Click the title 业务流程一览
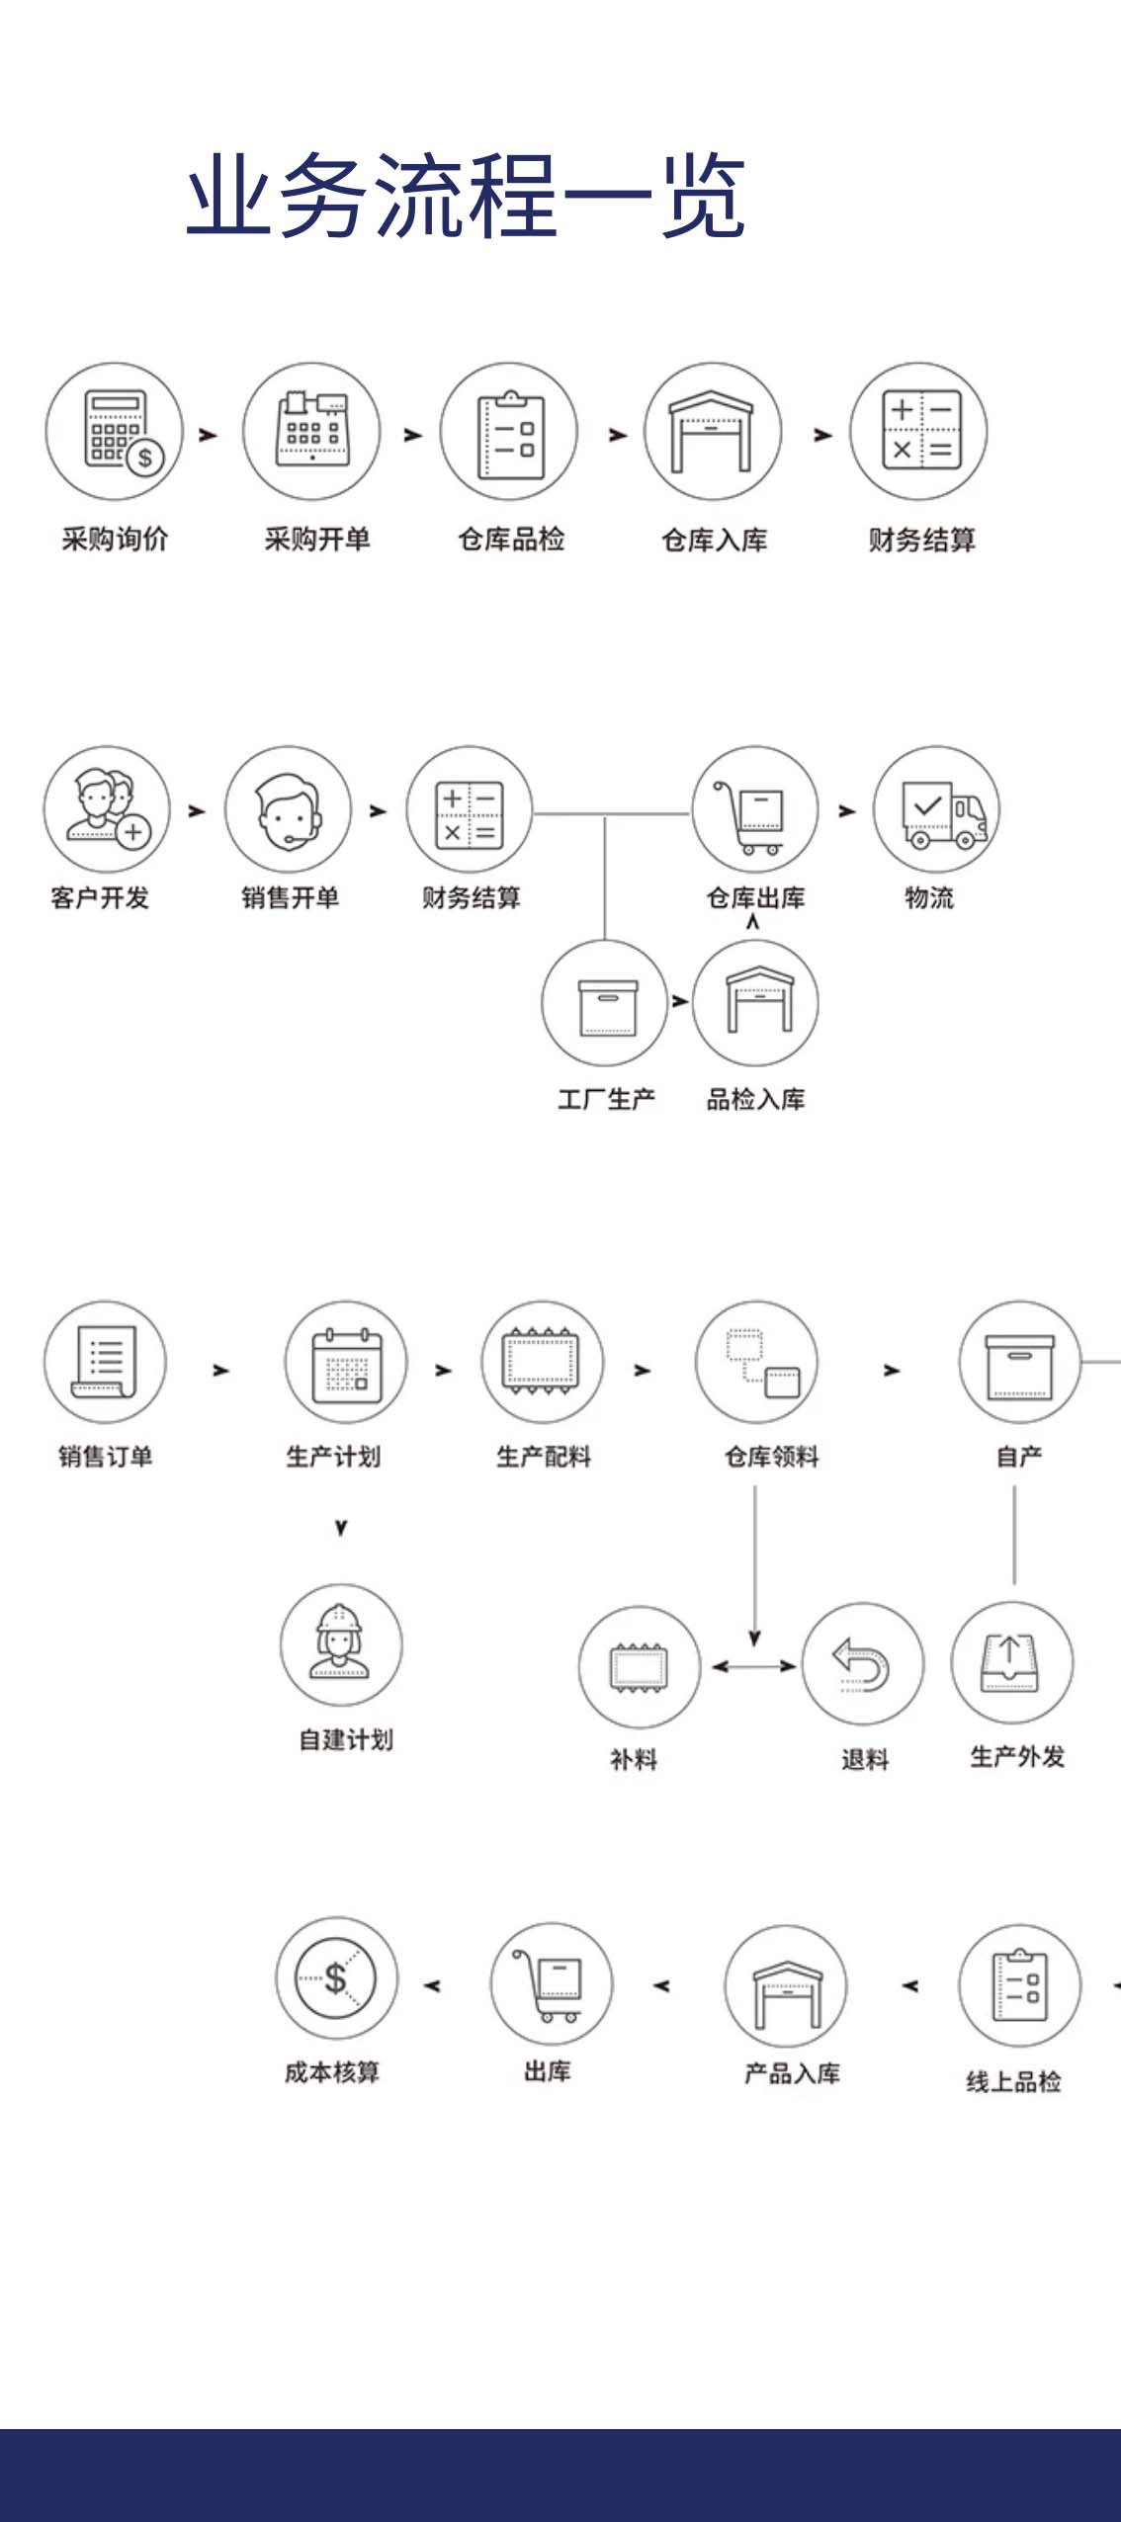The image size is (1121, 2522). [465, 196]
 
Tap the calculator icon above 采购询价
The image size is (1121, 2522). [115, 432]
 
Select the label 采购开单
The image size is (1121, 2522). [316, 540]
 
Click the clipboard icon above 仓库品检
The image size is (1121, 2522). [509, 432]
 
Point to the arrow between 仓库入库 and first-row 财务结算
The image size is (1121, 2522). [822, 435]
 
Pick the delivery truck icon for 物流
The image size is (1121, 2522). [936, 810]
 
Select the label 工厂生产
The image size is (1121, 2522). [606, 1099]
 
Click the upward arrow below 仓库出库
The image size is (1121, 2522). [753, 922]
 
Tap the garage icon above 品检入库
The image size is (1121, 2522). [756, 1001]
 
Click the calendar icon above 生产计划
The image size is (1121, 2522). [346, 1363]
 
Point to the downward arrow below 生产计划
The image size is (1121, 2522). [341, 1528]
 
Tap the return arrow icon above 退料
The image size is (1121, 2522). [862, 1664]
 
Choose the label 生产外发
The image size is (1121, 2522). [1017, 1756]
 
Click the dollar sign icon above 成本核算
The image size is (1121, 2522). [336, 1977]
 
